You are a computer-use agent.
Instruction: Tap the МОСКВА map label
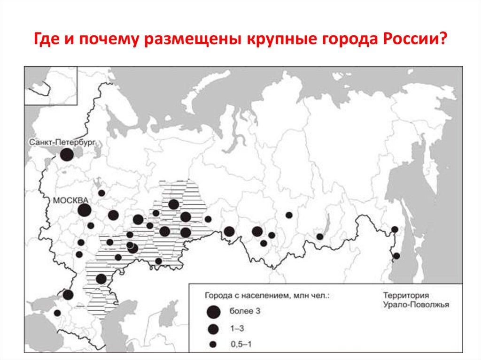pos(71,200)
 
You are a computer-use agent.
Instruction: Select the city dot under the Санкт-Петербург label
pos(67,154)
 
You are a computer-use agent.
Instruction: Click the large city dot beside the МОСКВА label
pos(84,210)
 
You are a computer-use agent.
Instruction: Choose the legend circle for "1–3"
pos(213,329)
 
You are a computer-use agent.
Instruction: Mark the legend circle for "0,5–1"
pos(213,345)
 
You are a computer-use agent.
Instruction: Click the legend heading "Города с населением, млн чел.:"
pos(267,296)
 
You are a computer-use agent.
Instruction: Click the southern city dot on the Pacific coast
pos(396,256)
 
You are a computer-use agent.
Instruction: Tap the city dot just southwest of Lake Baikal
pos(320,237)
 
